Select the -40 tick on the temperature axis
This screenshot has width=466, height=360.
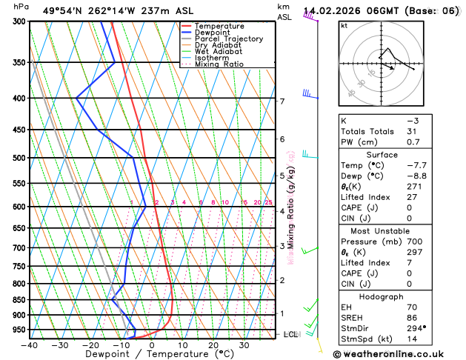click(x=30, y=345)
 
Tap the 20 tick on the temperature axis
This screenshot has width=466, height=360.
click(x=213, y=345)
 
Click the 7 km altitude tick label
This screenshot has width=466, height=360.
click(x=282, y=101)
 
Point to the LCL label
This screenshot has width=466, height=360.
click(x=291, y=335)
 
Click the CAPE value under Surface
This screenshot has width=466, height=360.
click(x=409, y=207)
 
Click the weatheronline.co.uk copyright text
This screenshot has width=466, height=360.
click(x=398, y=353)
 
